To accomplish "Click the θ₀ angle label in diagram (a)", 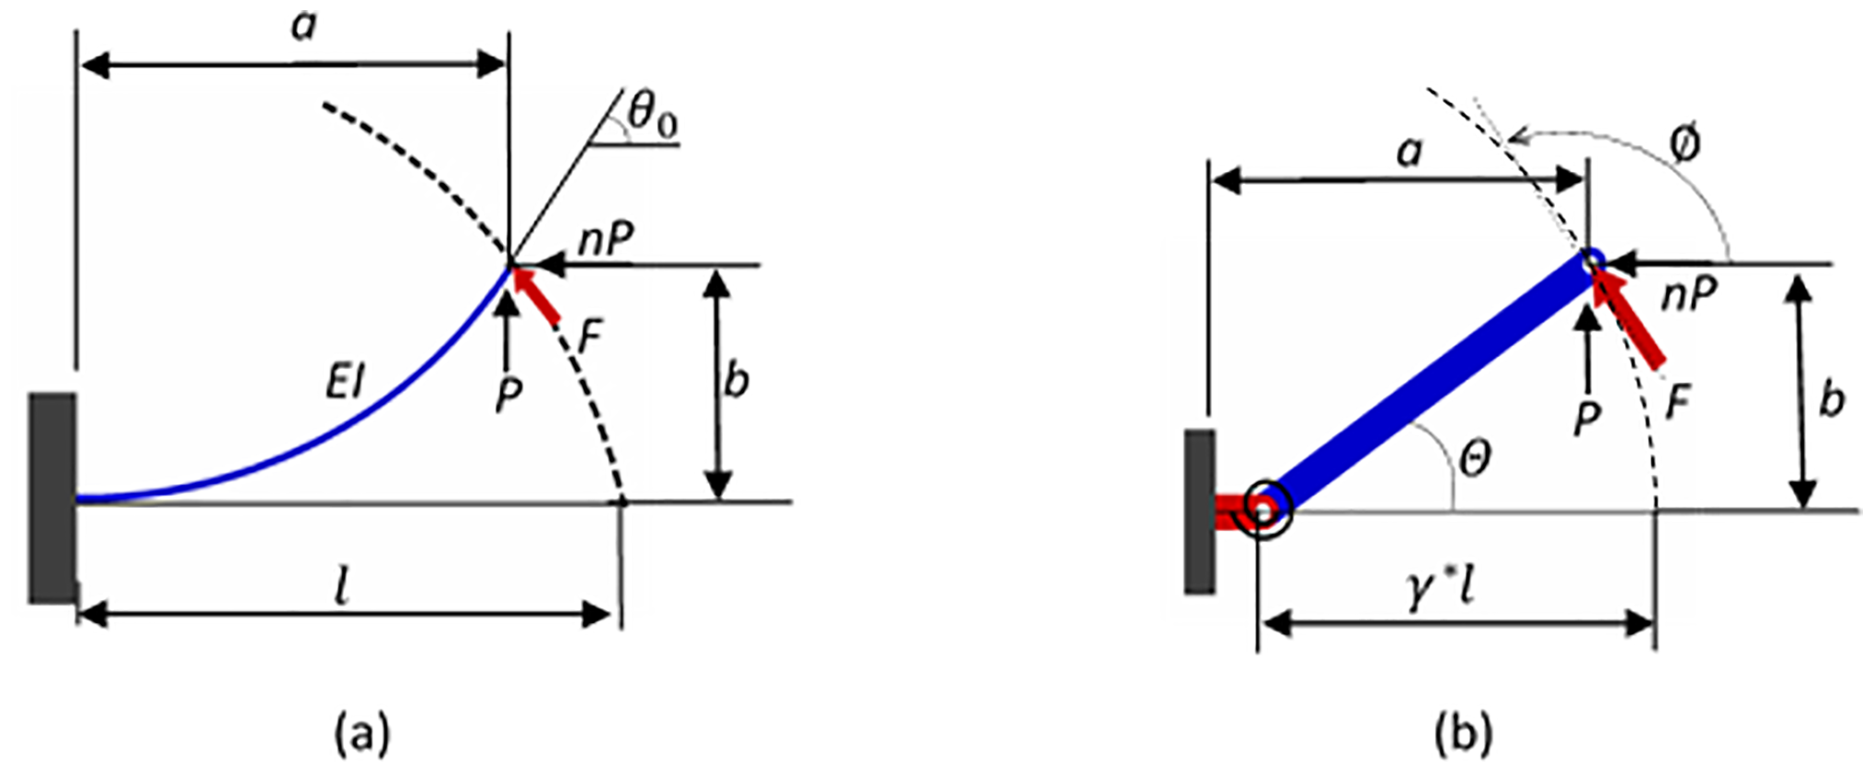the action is coord(654,115).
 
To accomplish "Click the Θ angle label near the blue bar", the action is coord(1475,457).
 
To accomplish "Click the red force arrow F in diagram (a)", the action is coord(535,295).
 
